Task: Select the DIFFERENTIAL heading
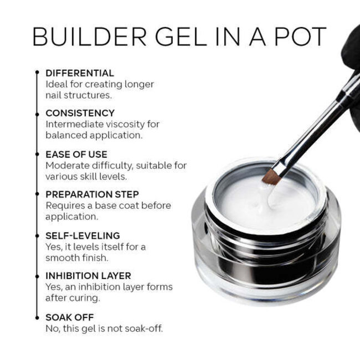point(80,73)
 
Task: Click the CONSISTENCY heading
point(80,113)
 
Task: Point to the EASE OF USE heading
point(76,154)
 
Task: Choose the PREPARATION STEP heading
point(92,194)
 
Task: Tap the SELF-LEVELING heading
point(83,235)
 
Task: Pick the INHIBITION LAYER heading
point(89,276)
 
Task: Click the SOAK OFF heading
point(70,317)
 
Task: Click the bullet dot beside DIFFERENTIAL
point(37,73)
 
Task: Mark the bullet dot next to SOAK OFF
point(37,317)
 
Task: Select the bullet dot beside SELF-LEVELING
point(37,235)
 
